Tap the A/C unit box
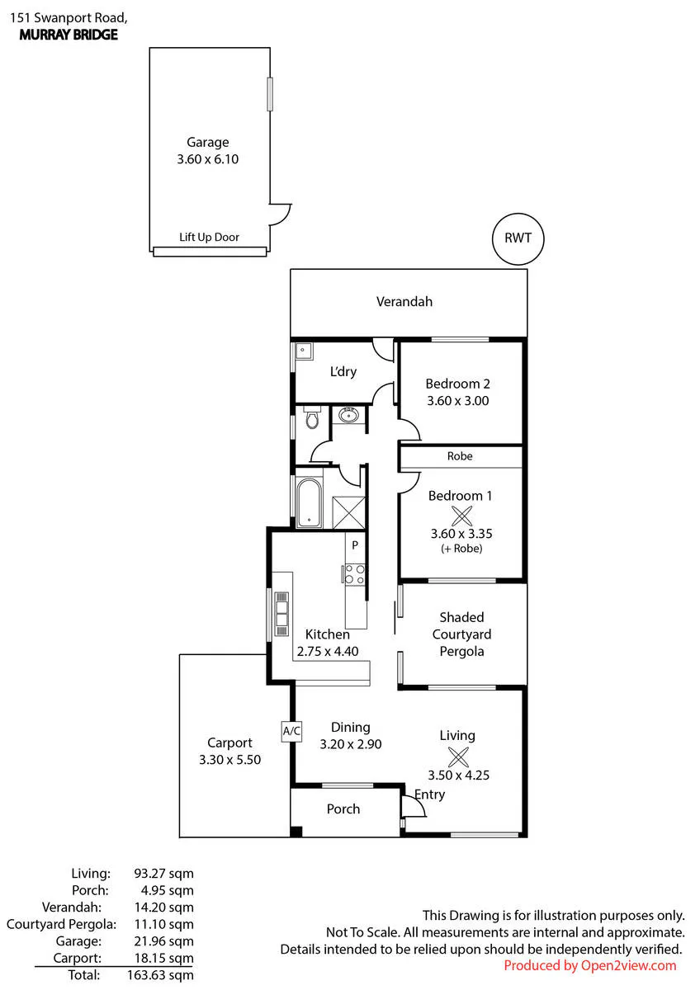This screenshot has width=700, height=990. [291, 731]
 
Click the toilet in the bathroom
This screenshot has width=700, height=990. [312, 417]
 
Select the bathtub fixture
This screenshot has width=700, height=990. [309, 503]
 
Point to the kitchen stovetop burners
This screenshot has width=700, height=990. [355, 574]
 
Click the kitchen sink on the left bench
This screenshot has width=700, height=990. [281, 614]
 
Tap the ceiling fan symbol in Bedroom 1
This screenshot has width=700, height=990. [461, 516]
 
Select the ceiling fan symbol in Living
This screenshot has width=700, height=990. [458, 757]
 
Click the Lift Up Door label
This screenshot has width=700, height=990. [209, 238]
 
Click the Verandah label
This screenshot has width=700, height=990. [404, 302]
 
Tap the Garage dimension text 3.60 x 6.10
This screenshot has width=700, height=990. [208, 159]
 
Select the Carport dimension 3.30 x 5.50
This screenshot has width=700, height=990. [230, 760]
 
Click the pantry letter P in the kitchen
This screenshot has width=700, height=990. [355, 545]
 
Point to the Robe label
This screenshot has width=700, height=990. [460, 456]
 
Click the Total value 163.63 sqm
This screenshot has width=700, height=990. [160, 975]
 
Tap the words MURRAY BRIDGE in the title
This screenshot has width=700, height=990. [69, 35]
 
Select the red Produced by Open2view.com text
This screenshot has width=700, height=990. [590, 966]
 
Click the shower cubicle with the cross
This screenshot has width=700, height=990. [348, 512]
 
